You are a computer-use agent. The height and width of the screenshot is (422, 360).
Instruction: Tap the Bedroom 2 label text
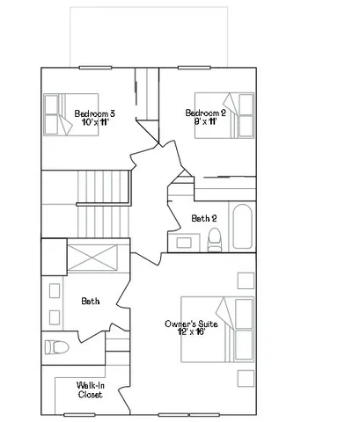click(x=206, y=112)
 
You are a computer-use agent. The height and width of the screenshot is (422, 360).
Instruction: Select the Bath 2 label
click(x=204, y=218)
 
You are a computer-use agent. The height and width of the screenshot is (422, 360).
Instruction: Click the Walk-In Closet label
click(x=90, y=390)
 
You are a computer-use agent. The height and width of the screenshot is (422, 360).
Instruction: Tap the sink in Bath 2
click(x=185, y=240)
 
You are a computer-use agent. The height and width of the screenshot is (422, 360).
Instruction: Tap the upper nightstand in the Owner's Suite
click(x=243, y=281)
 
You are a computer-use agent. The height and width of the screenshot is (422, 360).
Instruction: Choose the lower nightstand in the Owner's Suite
click(x=243, y=377)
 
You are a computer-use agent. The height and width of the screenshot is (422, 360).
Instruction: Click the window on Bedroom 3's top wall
click(x=93, y=68)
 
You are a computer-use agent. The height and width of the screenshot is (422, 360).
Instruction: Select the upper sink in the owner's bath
click(x=54, y=289)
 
